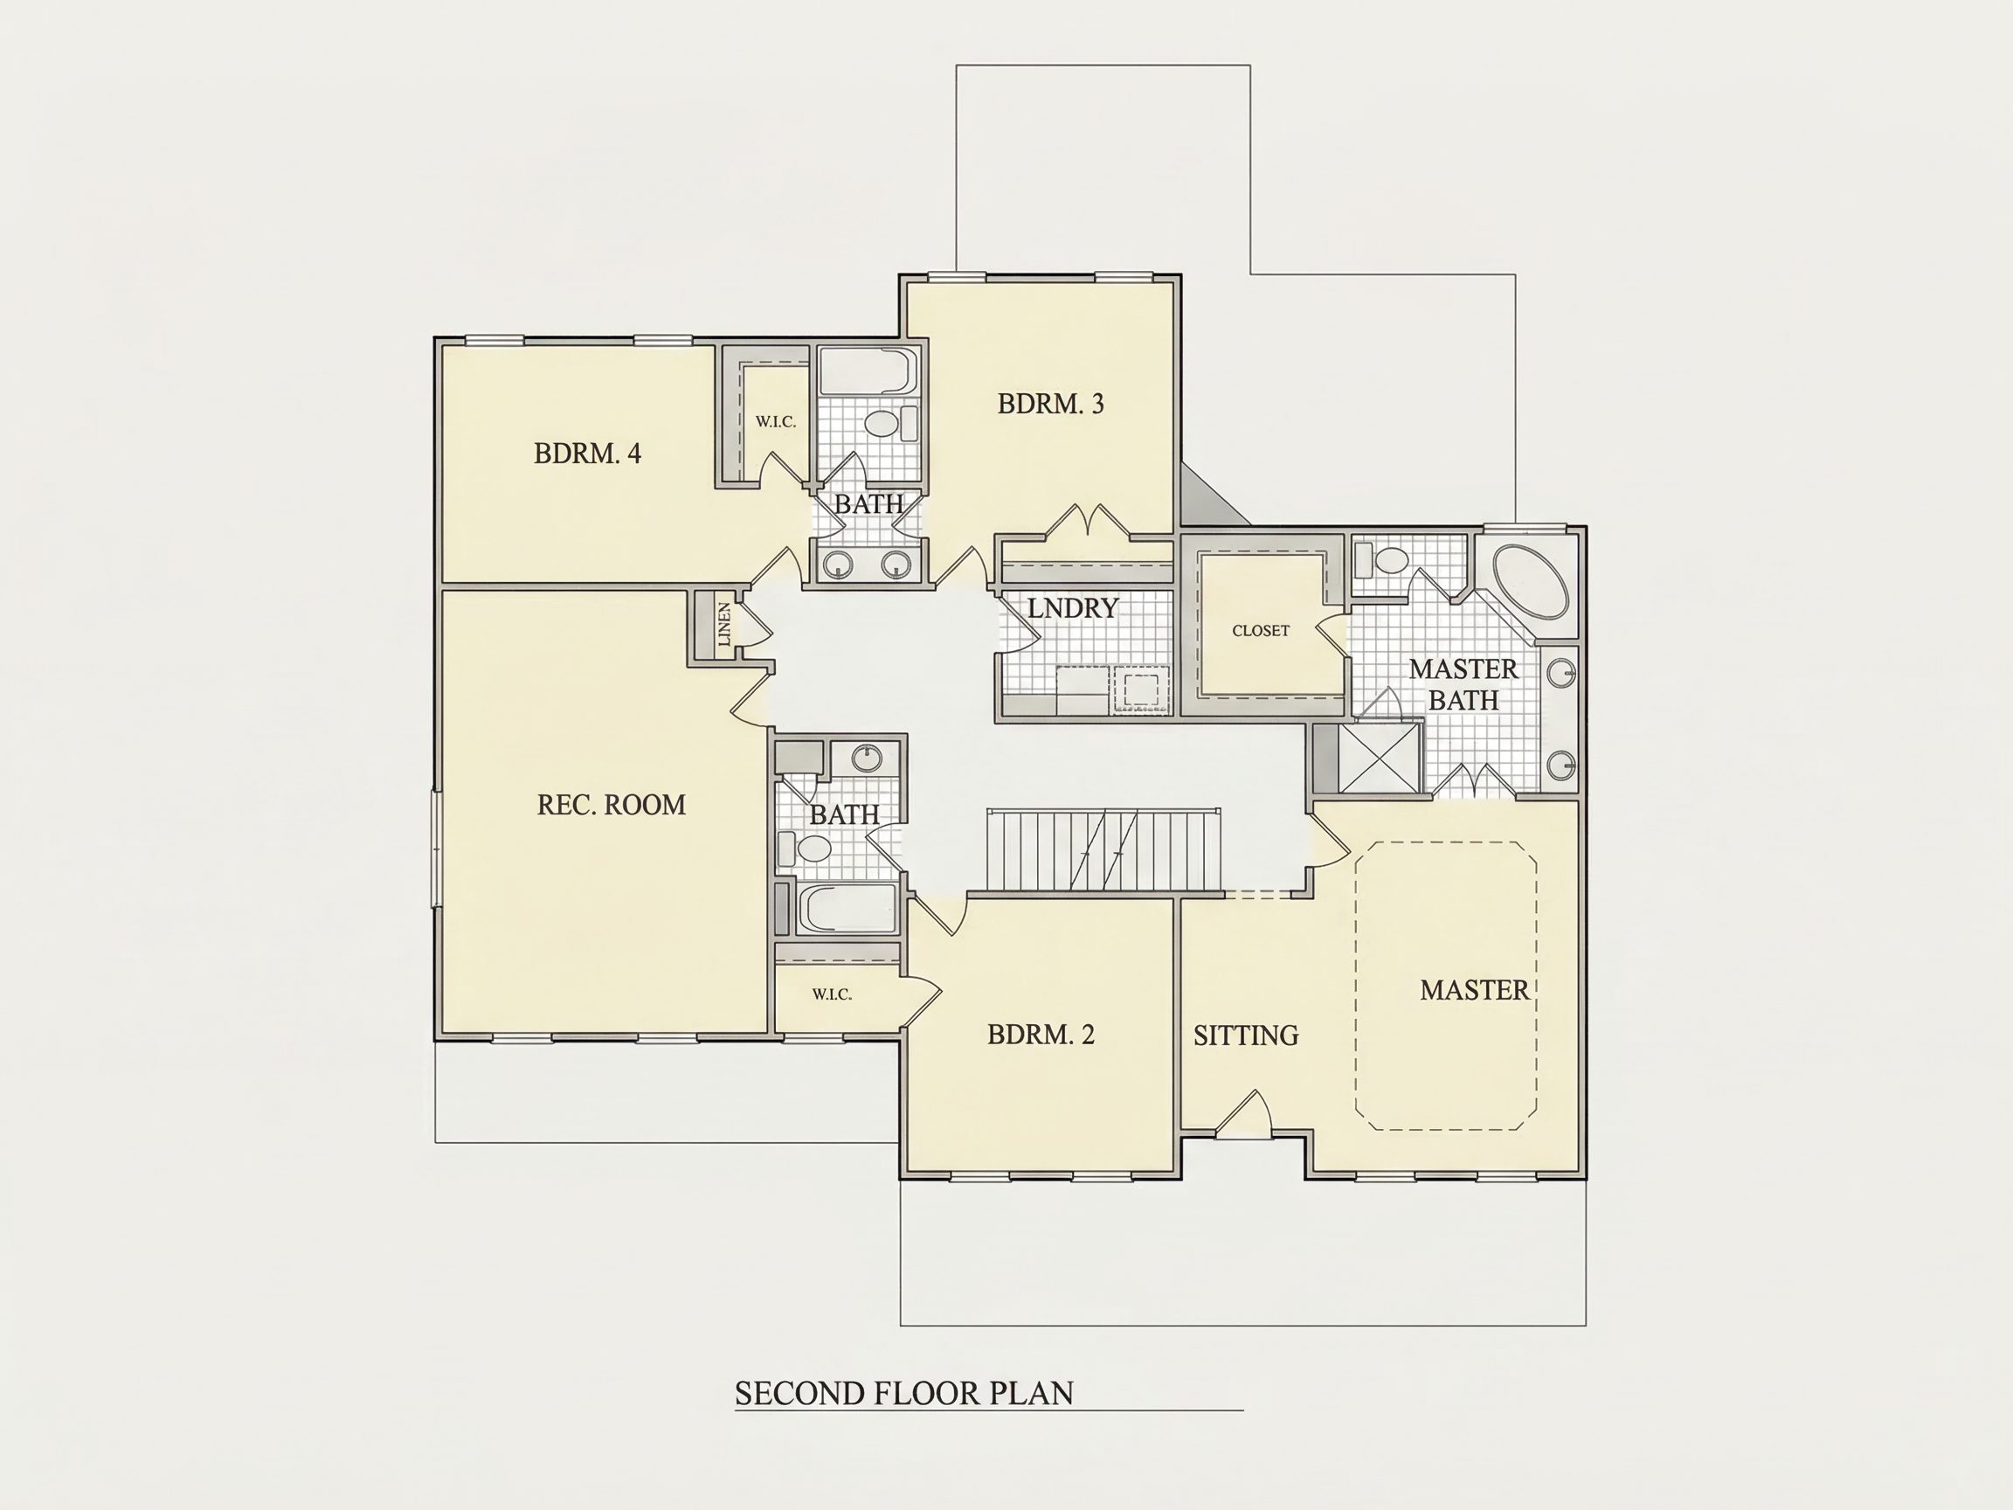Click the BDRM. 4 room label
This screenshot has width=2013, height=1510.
pyautogui.click(x=587, y=454)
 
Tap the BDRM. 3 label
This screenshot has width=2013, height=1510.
pyautogui.click(x=1050, y=404)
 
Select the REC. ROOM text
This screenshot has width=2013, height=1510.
pyautogui.click(x=611, y=805)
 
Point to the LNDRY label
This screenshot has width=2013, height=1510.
pyautogui.click(x=1072, y=608)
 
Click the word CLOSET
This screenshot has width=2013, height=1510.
pyautogui.click(x=1261, y=631)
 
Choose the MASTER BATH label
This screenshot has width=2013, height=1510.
pyautogui.click(x=1463, y=684)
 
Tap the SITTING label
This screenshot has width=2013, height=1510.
pyautogui.click(x=1246, y=1036)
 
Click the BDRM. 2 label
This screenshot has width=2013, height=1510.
pyautogui.click(x=1041, y=1034)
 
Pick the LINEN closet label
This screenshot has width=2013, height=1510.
pyautogui.click(x=724, y=625)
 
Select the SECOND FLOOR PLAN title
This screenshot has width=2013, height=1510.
pyautogui.click(x=903, y=1394)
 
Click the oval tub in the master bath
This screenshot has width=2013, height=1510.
pyautogui.click(x=1531, y=583)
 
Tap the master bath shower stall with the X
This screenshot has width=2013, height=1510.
pyautogui.click(x=1379, y=758)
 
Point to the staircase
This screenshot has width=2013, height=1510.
pyautogui.click(x=1103, y=850)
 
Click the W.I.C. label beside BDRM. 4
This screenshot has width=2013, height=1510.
pyautogui.click(x=775, y=422)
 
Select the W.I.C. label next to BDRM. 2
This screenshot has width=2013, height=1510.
pyautogui.click(x=832, y=994)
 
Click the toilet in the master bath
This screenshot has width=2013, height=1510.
pyautogui.click(x=1381, y=560)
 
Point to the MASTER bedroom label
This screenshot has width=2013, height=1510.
pyautogui.click(x=1474, y=990)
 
